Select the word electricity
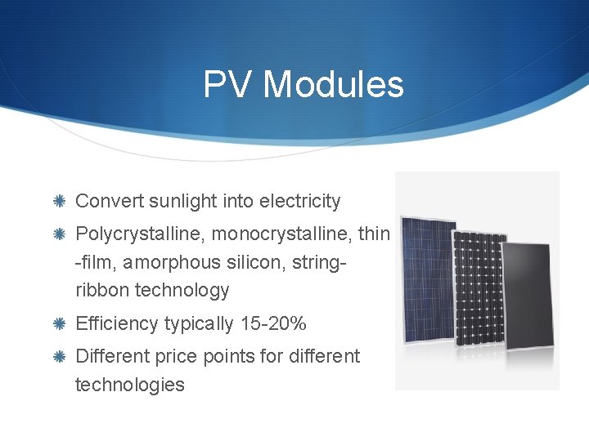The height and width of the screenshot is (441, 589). (x=299, y=201)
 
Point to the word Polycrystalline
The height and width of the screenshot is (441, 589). (x=140, y=234)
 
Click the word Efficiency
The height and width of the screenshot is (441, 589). (x=116, y=324)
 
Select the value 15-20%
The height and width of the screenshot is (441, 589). (x=273, y=324)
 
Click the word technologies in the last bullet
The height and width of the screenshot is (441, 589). (x=129, y=385)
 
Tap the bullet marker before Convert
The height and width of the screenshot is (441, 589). (x=60, y=202)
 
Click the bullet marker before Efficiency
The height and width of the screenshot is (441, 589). (x=60, y=324)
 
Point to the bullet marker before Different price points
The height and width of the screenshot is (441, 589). (x=60, y=357)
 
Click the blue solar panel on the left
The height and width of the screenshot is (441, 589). (x=427, y=278)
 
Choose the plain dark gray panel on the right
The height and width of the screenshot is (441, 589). (x=528, y=298)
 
